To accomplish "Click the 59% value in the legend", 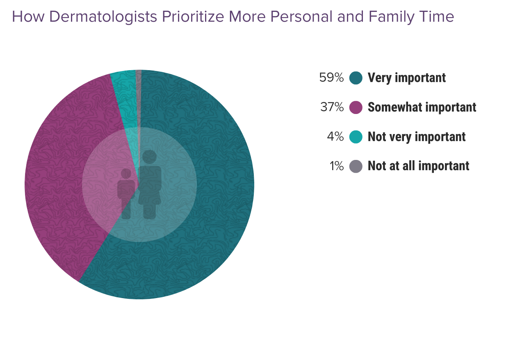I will tap(331, 77).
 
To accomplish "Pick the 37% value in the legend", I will tap(332, 107).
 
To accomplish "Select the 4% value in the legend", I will tap(335, 137).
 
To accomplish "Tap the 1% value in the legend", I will tap(336, 166).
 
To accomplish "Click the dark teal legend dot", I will tap(356, 77).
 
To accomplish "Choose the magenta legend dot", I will tap(356, 107).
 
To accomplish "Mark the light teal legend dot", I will tap(356, 137).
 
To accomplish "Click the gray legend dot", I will tap(356, 166).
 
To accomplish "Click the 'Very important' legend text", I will tap(406, 77).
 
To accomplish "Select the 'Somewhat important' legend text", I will tap(422, 107).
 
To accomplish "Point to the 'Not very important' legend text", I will tap(416, 137).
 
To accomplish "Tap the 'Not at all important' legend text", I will tap(418, 166).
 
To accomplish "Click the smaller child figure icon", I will tap(126, 193).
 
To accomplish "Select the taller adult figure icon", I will tap(150, 185).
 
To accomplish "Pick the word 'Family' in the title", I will tap(392, 17).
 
